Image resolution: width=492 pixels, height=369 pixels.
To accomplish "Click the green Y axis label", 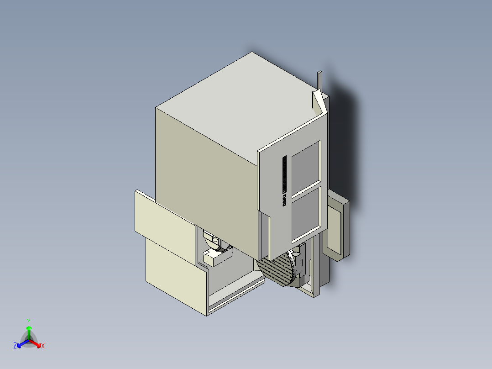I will pyautogui.click(x=28, y=321).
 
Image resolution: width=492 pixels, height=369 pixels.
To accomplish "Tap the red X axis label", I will pyautogui.click(x=43, y=346).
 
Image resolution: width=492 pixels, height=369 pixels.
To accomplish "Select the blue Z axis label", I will pyautogui.click(x=15, y=346).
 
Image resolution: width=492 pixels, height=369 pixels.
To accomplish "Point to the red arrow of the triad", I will pyautogui.click(x=37, y=343).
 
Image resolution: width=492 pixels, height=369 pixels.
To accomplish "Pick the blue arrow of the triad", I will pyautogui.click(x=21, y=343).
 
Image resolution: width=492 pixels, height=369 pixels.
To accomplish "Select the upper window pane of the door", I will pyautogui.click(x=305, y=166).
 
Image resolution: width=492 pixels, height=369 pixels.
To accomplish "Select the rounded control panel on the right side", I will pyautogui.click(x=338, y=226).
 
